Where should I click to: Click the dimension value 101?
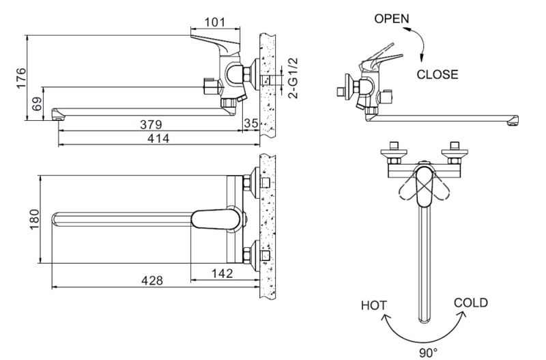tap(214, 22)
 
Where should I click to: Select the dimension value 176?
tap(21, 77)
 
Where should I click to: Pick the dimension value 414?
tap(158, 139)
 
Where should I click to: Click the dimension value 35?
tap(250, 124)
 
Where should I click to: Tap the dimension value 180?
tap(36, 219)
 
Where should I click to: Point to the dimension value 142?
tap(222, 273)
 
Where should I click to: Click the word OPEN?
tap(392, 19)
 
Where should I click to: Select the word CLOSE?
tap(437, 74)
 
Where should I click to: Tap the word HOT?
tap(374, 305)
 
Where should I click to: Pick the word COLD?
tap(470, 302)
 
